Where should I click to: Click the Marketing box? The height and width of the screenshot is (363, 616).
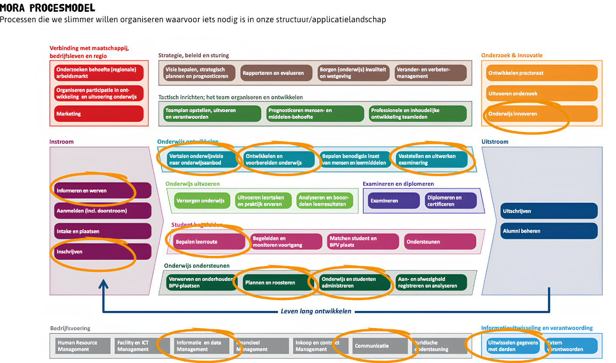coord(99,114)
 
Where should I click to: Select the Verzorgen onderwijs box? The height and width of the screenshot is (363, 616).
coord(201,201)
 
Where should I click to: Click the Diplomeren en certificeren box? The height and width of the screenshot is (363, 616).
coord(450,201)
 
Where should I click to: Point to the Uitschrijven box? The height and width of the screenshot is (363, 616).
coord(549,211)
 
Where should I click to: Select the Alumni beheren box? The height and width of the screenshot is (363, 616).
coord(549,231)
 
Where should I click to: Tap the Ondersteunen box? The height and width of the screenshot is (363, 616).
coord(440,241)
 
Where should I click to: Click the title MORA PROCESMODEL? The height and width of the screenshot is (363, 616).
coord(48,8)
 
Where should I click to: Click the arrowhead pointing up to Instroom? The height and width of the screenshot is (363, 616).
coord(103,285)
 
